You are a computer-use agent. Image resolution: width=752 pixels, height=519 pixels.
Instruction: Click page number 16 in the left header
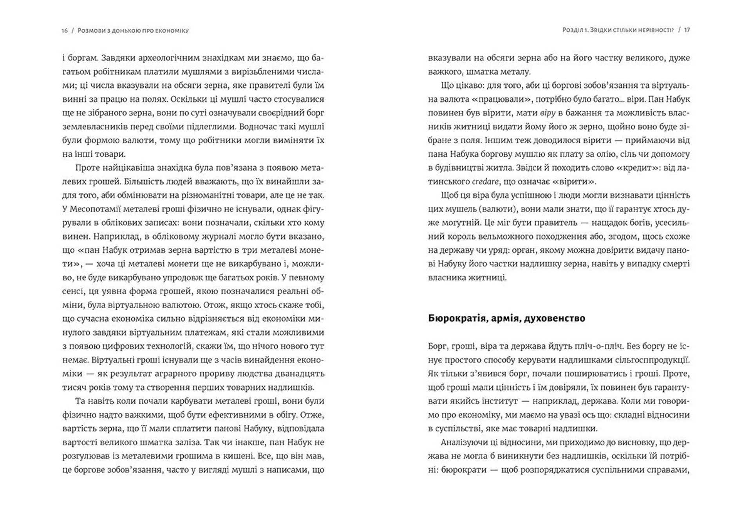click(65, 31)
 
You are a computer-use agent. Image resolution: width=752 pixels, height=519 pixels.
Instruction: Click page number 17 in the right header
click(687, 30)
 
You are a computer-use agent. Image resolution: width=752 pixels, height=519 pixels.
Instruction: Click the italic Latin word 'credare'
click(485, 182)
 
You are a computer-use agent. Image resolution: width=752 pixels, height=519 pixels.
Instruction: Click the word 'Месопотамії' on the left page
click(95, 209)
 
